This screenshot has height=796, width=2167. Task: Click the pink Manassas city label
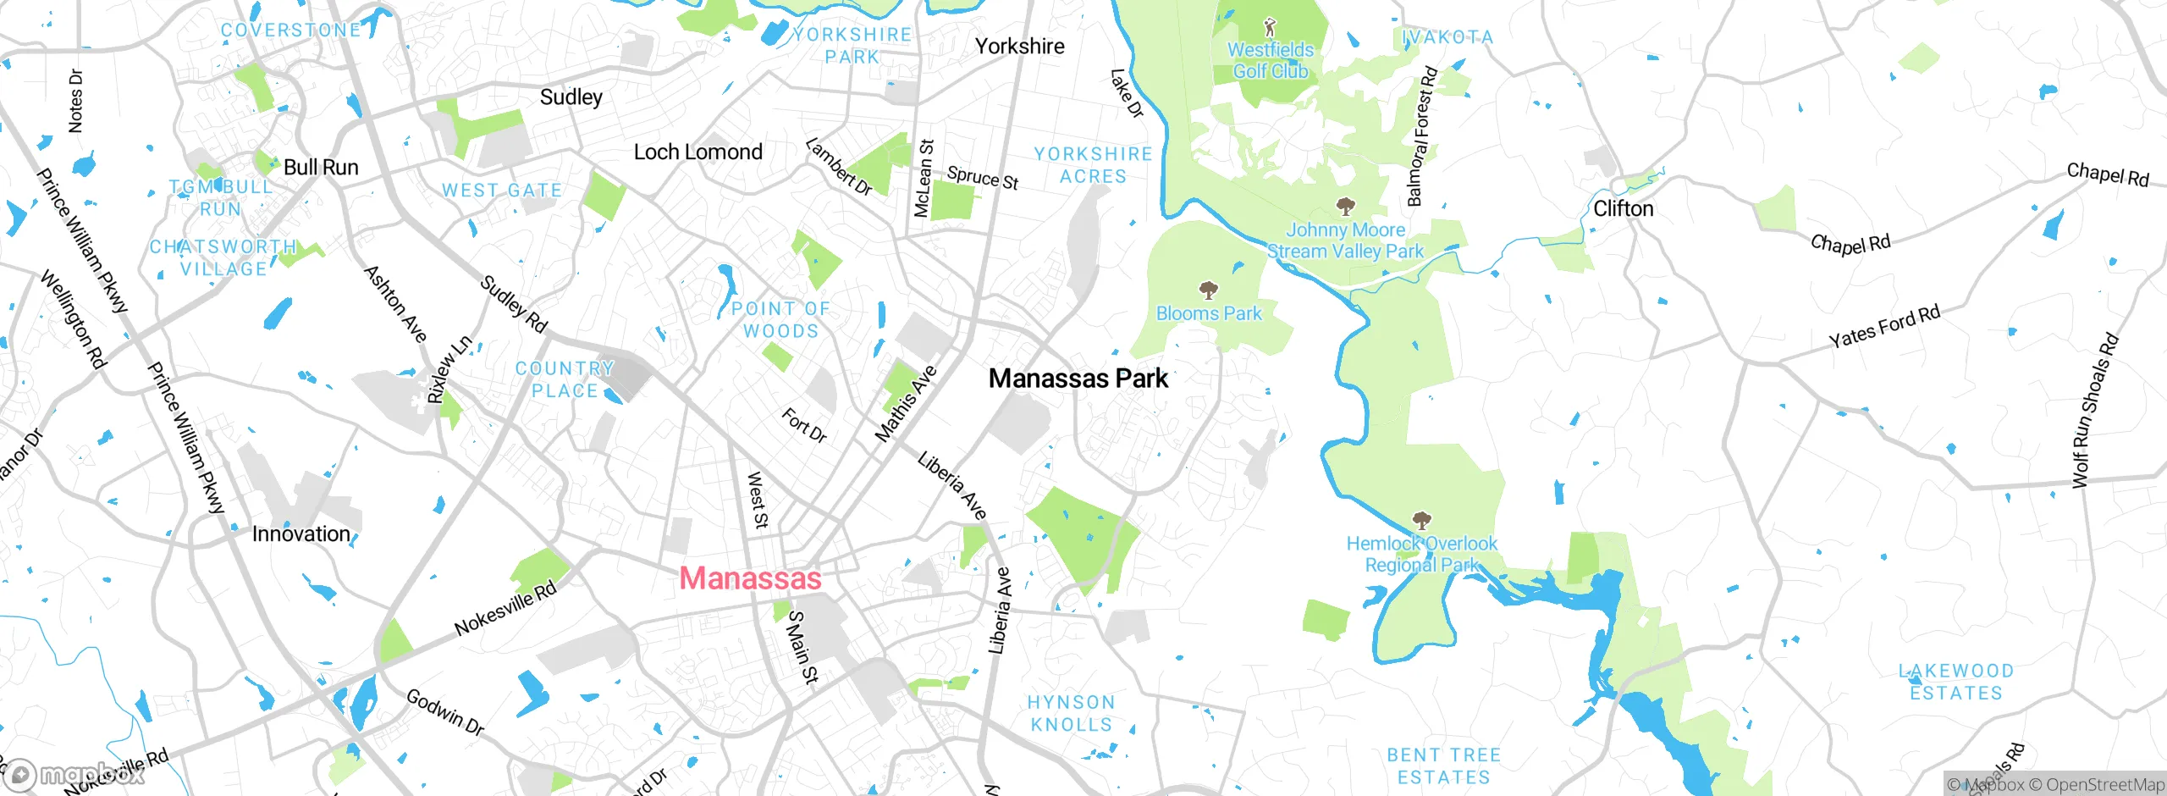point(750,578)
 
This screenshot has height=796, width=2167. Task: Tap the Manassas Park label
point(1078,379)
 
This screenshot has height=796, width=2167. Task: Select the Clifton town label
point(1623,208)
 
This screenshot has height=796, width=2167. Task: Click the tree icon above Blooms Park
point(1209,290)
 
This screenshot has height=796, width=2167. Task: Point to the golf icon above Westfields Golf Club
point(1269,27)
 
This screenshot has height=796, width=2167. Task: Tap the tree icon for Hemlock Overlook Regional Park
point(1421,520)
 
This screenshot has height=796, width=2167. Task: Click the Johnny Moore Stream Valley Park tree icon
point(1345,206)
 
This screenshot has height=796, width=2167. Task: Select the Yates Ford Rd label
point(1884,326)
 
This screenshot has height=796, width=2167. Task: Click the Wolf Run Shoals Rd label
point(2094,412)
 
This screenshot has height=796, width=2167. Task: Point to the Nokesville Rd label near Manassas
point(505,609)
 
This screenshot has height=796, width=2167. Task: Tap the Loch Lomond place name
point(698,152)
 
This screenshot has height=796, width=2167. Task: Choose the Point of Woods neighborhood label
point(780,320)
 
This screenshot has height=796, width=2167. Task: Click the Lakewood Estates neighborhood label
point(1955,682)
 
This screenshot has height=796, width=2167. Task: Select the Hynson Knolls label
point(1071,713)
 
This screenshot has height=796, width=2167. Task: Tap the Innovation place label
point(301,534)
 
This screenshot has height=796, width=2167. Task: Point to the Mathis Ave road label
point(905,404)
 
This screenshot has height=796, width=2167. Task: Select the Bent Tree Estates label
point(1443,766)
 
